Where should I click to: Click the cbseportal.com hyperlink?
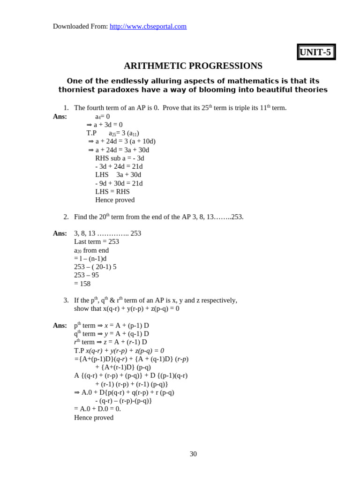(148, 26)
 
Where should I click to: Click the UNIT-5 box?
(316, 52)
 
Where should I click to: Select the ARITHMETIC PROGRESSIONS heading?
(193, 66)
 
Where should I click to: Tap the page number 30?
(193, 454)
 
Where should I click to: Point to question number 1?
(66, 108)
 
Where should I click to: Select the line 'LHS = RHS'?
(112, 191)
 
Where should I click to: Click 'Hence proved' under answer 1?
(115, 200)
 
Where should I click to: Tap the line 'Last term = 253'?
(97, 241)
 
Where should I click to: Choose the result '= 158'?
(82, 284)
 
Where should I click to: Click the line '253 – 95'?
(86, 275)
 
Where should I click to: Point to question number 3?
(66, 300)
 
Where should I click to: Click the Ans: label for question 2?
(60, 233)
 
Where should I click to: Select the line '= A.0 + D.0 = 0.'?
(97, 409)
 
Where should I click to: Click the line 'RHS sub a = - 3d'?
(120, 158)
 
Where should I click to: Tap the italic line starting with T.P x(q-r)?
(119, 351)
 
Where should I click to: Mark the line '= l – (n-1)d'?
(90, 258)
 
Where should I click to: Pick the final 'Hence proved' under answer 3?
(94, 418)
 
